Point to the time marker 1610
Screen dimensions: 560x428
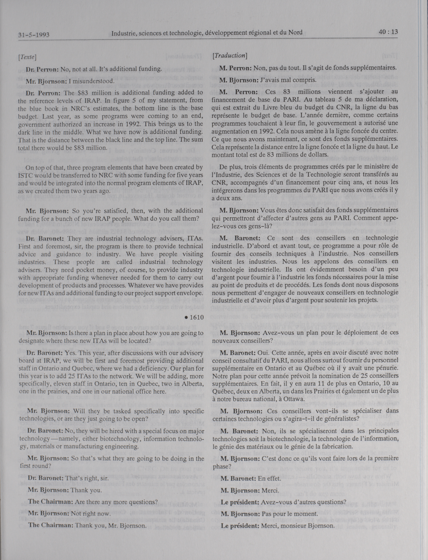click(x=197, y=317)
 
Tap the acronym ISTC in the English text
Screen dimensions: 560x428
click(x=25, y=176)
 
